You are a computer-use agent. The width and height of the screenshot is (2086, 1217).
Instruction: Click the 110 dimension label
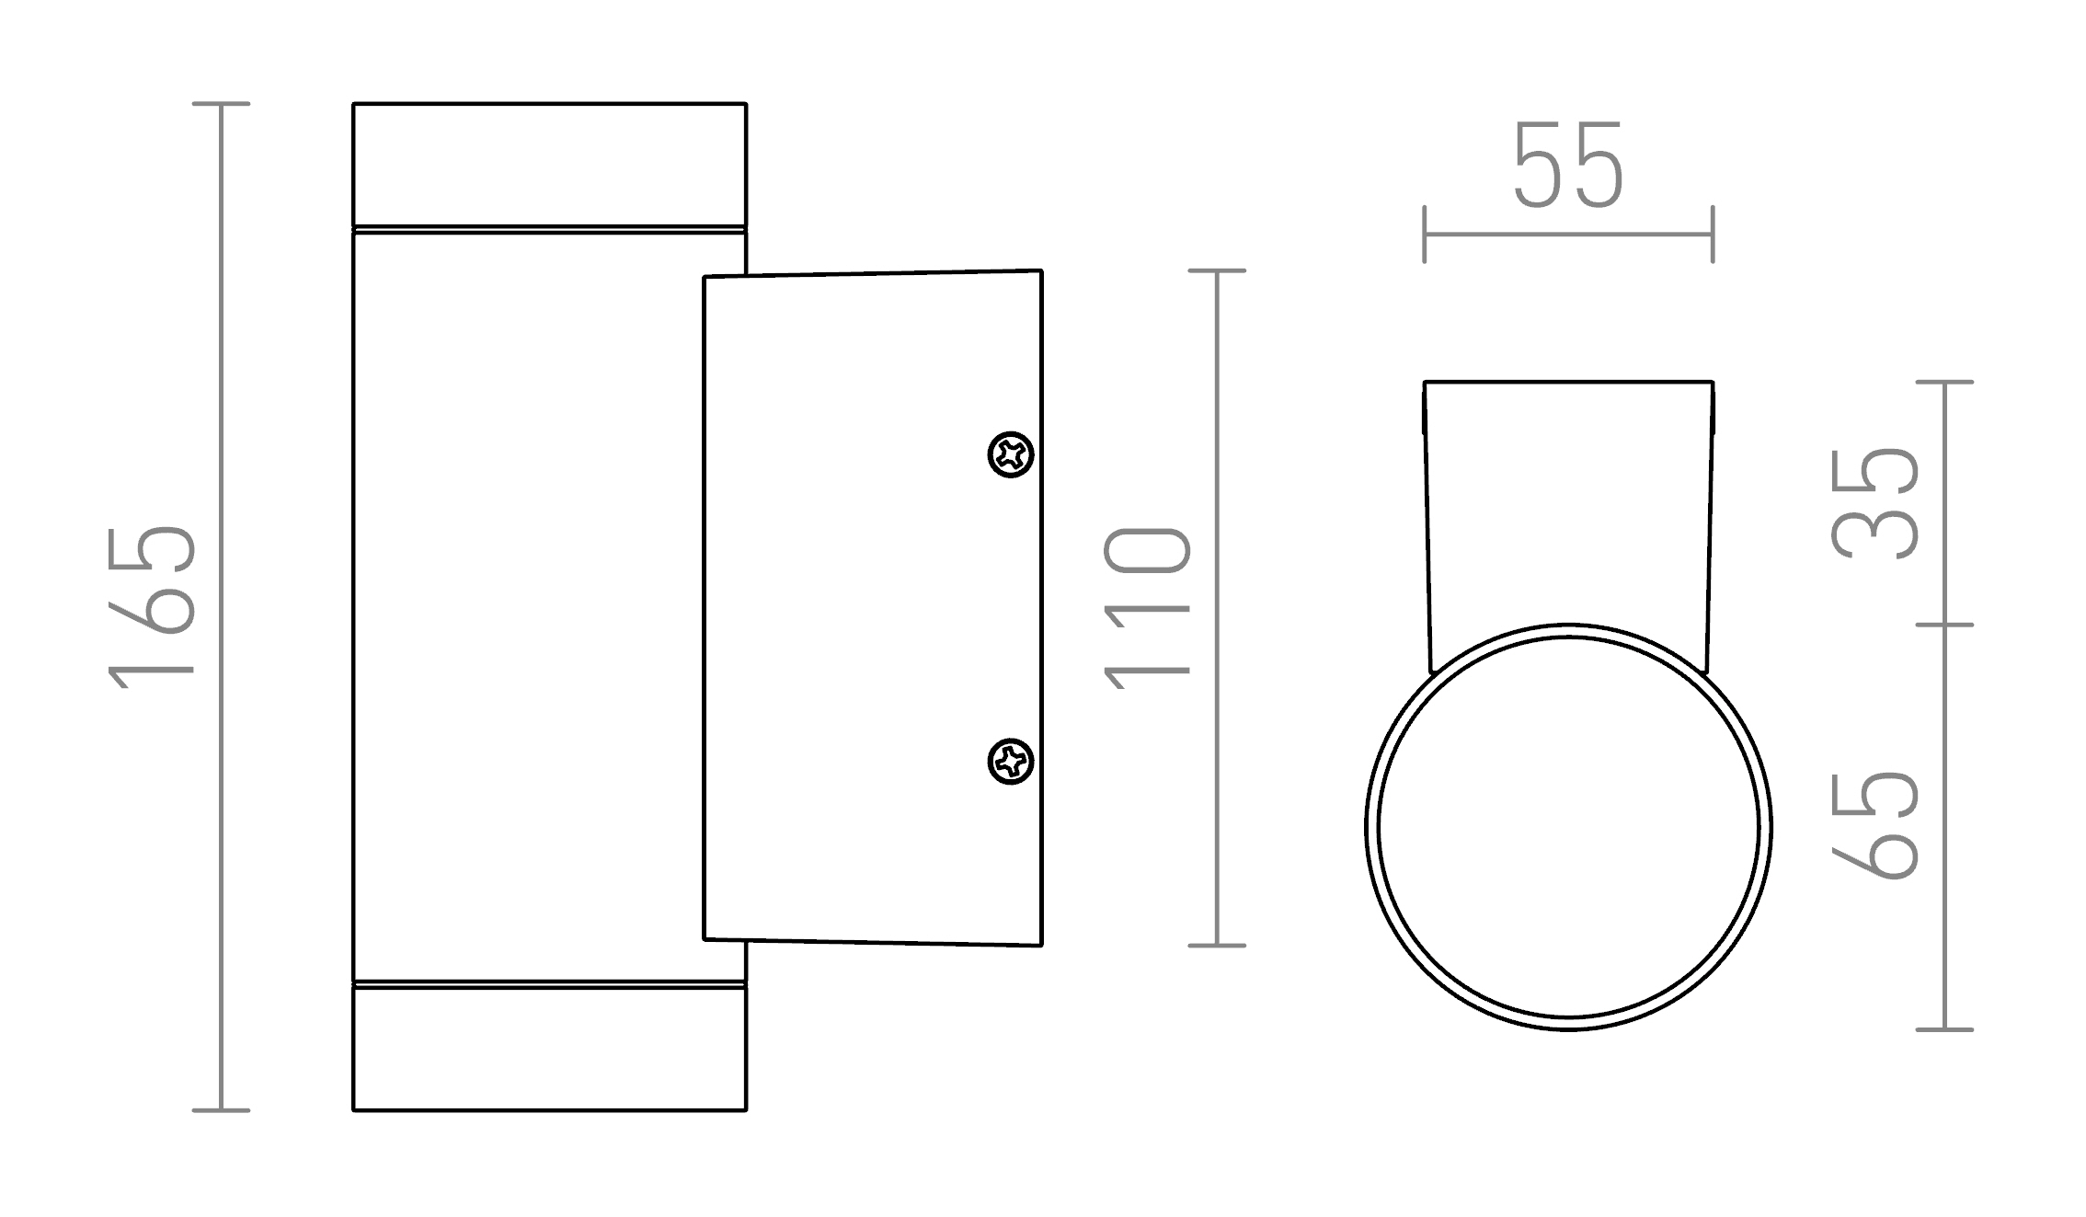1147,607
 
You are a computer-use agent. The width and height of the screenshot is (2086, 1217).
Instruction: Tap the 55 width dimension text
1568,166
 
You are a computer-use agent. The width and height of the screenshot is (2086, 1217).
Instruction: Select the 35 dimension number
1874,503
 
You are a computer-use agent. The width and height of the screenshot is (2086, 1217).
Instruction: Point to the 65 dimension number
1874,825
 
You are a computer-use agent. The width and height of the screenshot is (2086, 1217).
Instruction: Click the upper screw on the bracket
1011,454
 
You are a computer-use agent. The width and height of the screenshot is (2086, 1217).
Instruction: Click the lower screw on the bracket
1011,762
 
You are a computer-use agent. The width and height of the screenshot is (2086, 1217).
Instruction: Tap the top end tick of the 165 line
221,104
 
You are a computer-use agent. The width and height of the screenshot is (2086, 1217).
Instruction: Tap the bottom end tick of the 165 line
221,1110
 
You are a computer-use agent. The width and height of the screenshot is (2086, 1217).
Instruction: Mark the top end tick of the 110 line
1217,270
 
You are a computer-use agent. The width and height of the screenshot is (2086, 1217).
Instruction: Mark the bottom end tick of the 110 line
1217,945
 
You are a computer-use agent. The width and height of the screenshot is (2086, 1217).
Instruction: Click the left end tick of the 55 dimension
1425,234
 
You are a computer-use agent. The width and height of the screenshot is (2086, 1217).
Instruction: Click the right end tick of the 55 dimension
1713,234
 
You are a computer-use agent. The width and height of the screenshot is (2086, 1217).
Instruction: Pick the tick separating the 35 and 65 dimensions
1944,625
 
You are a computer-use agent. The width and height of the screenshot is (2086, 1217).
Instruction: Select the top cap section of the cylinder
549,164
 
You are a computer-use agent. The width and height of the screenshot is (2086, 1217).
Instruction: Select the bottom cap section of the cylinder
549,1050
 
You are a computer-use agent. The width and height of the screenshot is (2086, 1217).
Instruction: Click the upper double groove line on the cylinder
549,229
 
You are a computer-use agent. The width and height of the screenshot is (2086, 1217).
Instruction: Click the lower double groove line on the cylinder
549,984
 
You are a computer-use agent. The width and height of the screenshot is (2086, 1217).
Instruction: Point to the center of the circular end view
1568,827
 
